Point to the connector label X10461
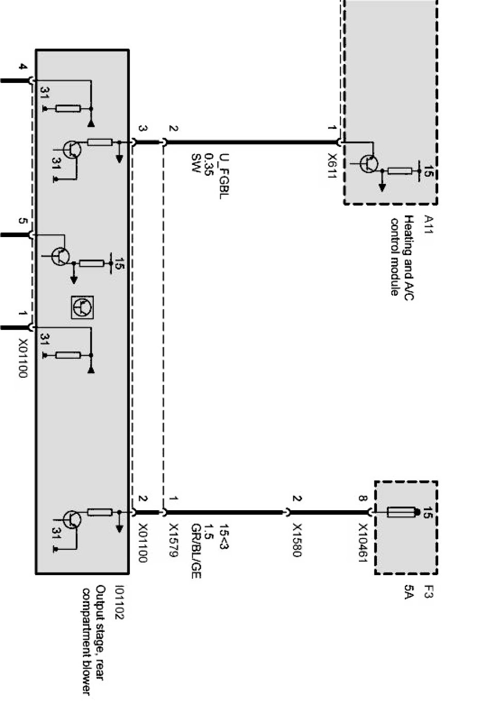(363, 543)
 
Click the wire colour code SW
(195, 162)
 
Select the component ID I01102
(120, 601)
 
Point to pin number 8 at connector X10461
(363, 499)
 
